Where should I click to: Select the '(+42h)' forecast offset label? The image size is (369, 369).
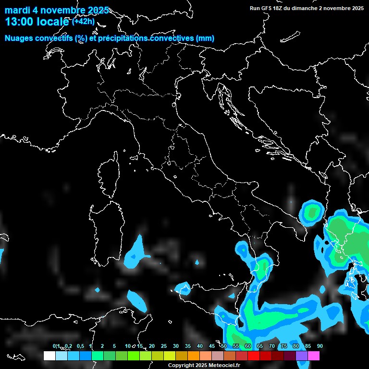tap(83, 21)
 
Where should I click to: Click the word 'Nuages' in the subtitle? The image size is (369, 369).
tap(19, 38)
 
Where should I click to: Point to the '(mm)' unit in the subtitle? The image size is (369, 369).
tap(205, 38)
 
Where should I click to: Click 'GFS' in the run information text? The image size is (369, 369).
tap(267, 8)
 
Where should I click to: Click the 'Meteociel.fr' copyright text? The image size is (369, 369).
tap(223, 366)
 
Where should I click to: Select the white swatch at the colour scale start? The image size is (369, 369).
tap(49, 356)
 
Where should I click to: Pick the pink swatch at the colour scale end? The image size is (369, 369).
tap(314, 356)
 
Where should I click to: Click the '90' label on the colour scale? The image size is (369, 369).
tap(320, 346)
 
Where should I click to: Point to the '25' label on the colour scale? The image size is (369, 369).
tap(164, 346)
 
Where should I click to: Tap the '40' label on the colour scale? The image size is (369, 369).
tap(200, 346)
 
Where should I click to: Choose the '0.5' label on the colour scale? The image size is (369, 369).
tap(80, 346)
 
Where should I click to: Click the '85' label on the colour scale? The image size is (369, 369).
tap(308, 346)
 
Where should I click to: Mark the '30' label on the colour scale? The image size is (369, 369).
tap(176, 346)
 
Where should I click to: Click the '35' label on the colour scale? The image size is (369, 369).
tap(188, 346)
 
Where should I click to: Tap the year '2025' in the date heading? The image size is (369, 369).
tap(98, 11)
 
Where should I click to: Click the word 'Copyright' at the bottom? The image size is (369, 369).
tap(180, 366)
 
